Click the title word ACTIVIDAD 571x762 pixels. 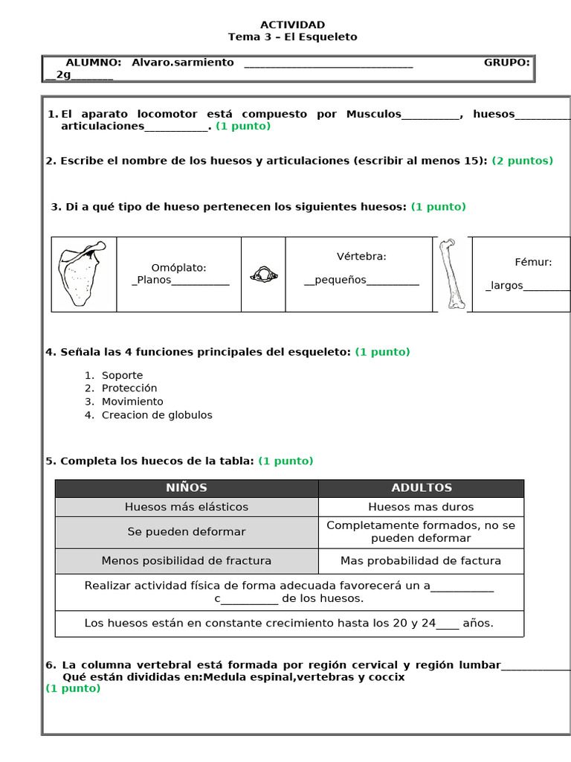[x=292, y=25]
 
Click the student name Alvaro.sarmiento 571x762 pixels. [x=182, y=63]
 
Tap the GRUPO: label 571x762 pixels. [x=506, y=63]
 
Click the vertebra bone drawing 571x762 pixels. [x=263, y=275]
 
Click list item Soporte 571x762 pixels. [x=122, y=375]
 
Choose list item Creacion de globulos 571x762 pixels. [x=157, y=414]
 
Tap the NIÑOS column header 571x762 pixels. [x=186, y=487]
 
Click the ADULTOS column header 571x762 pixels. [x=421, y=487]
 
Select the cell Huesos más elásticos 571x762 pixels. [x=186, y=507]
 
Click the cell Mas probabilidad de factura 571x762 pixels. [x=421, y=560]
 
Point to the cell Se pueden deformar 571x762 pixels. [x=186, y=531]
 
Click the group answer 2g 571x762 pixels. [x=62, y=75]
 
